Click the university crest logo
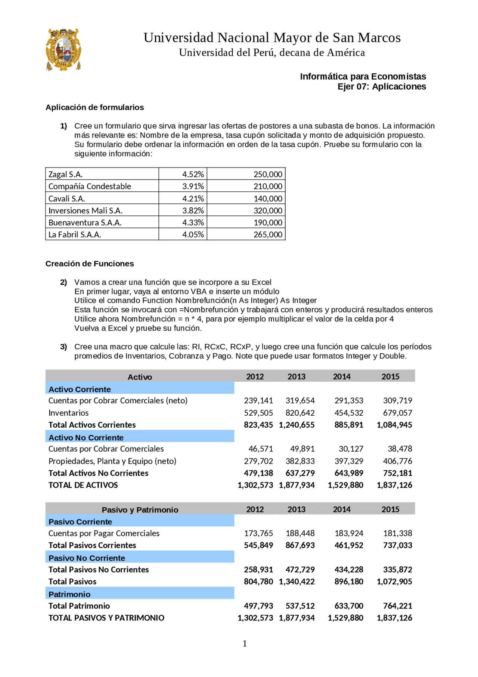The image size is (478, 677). (x=63, y=49)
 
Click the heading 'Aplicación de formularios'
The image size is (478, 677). (x=94, y=107)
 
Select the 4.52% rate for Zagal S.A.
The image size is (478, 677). (x=193, y=174)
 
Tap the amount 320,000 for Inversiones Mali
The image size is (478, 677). (x=268, y=210)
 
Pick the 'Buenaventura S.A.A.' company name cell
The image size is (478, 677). (x=85, y=222)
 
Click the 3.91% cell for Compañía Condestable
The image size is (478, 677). (x=193, y=186)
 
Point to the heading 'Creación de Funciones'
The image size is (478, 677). (x=90, y=264)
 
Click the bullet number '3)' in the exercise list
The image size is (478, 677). (x=63, y=347)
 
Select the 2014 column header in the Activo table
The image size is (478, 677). (x=341, y=376)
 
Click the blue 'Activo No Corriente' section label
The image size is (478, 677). (x=86, y=437)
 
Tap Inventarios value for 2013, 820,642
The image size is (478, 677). (x=300, y=413)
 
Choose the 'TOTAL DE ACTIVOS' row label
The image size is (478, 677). (x=83, y=485)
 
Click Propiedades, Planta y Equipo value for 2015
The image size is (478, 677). (x=397, y=461)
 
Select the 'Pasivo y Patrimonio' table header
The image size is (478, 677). (x=140, y=510)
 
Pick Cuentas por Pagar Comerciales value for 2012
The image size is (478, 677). (x=258, y=533)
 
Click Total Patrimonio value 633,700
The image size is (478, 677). (x=348, y=606)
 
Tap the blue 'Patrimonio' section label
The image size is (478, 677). (x=69, y=594)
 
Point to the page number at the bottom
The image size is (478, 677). (x=245, y=643)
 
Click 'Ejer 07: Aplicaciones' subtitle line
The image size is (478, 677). (x=381, y=87)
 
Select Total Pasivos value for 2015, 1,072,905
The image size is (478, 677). (x=394, y=581)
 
